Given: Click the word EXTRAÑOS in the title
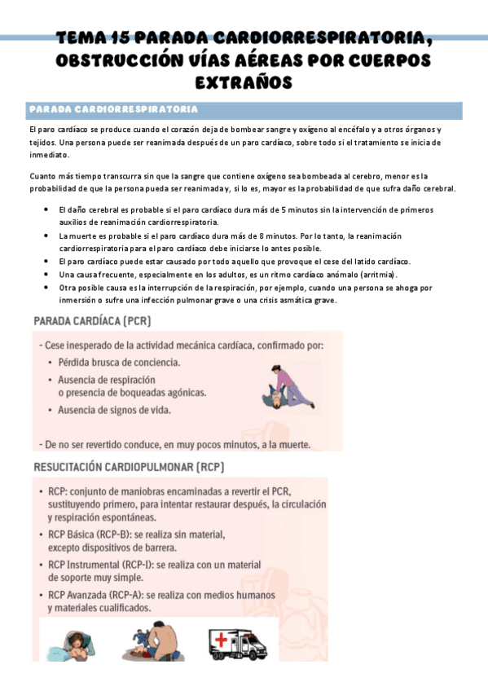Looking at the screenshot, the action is [244, 82].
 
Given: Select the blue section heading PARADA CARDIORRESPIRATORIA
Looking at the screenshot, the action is [112, 109].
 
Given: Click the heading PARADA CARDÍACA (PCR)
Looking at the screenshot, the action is [92, 322].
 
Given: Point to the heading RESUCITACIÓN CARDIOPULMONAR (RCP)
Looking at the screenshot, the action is [129, 468].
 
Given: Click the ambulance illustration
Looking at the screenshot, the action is [237, 642].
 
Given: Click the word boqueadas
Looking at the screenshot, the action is [143, 392].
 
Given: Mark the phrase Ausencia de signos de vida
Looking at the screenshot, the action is [114, 410].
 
